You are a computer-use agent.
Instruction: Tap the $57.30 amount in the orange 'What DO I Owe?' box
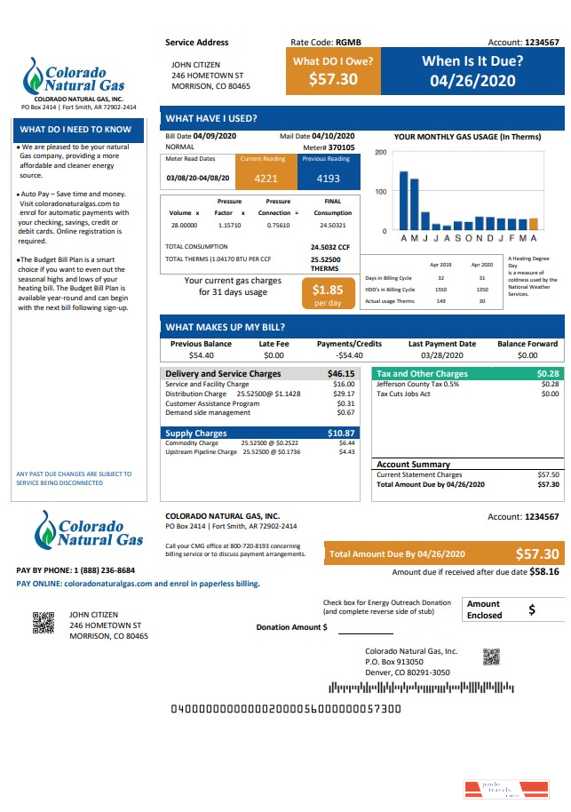click(x=333, y=79)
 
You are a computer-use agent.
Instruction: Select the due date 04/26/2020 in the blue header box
click(x=472, y=80)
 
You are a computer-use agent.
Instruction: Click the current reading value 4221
click(x=266, y=178)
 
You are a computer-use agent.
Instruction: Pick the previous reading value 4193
click(x=328, y=178)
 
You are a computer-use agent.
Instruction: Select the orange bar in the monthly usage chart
click(x=533, y=224)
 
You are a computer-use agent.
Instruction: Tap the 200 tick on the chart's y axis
click(x=381, y=153)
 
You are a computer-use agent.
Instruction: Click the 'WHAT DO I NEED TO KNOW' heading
click(x=75, y=130)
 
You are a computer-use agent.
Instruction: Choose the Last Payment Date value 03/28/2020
click(x=441, y=355)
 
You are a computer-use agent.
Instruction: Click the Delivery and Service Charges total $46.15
click(x=341, y=374)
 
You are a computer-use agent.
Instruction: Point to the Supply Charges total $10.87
click(x=341, y=434)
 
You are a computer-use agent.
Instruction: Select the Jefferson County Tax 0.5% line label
click(x=417, y=384)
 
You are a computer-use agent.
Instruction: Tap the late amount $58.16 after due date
click(x=544, y=572)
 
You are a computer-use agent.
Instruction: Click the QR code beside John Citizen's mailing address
click(x=44, y=624)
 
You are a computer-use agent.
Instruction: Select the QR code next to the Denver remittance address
click(x=492, y=657)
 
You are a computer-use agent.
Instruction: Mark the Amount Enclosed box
click(x=513, y=609)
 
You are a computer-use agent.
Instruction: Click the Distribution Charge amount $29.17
click(x=344, y=394)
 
